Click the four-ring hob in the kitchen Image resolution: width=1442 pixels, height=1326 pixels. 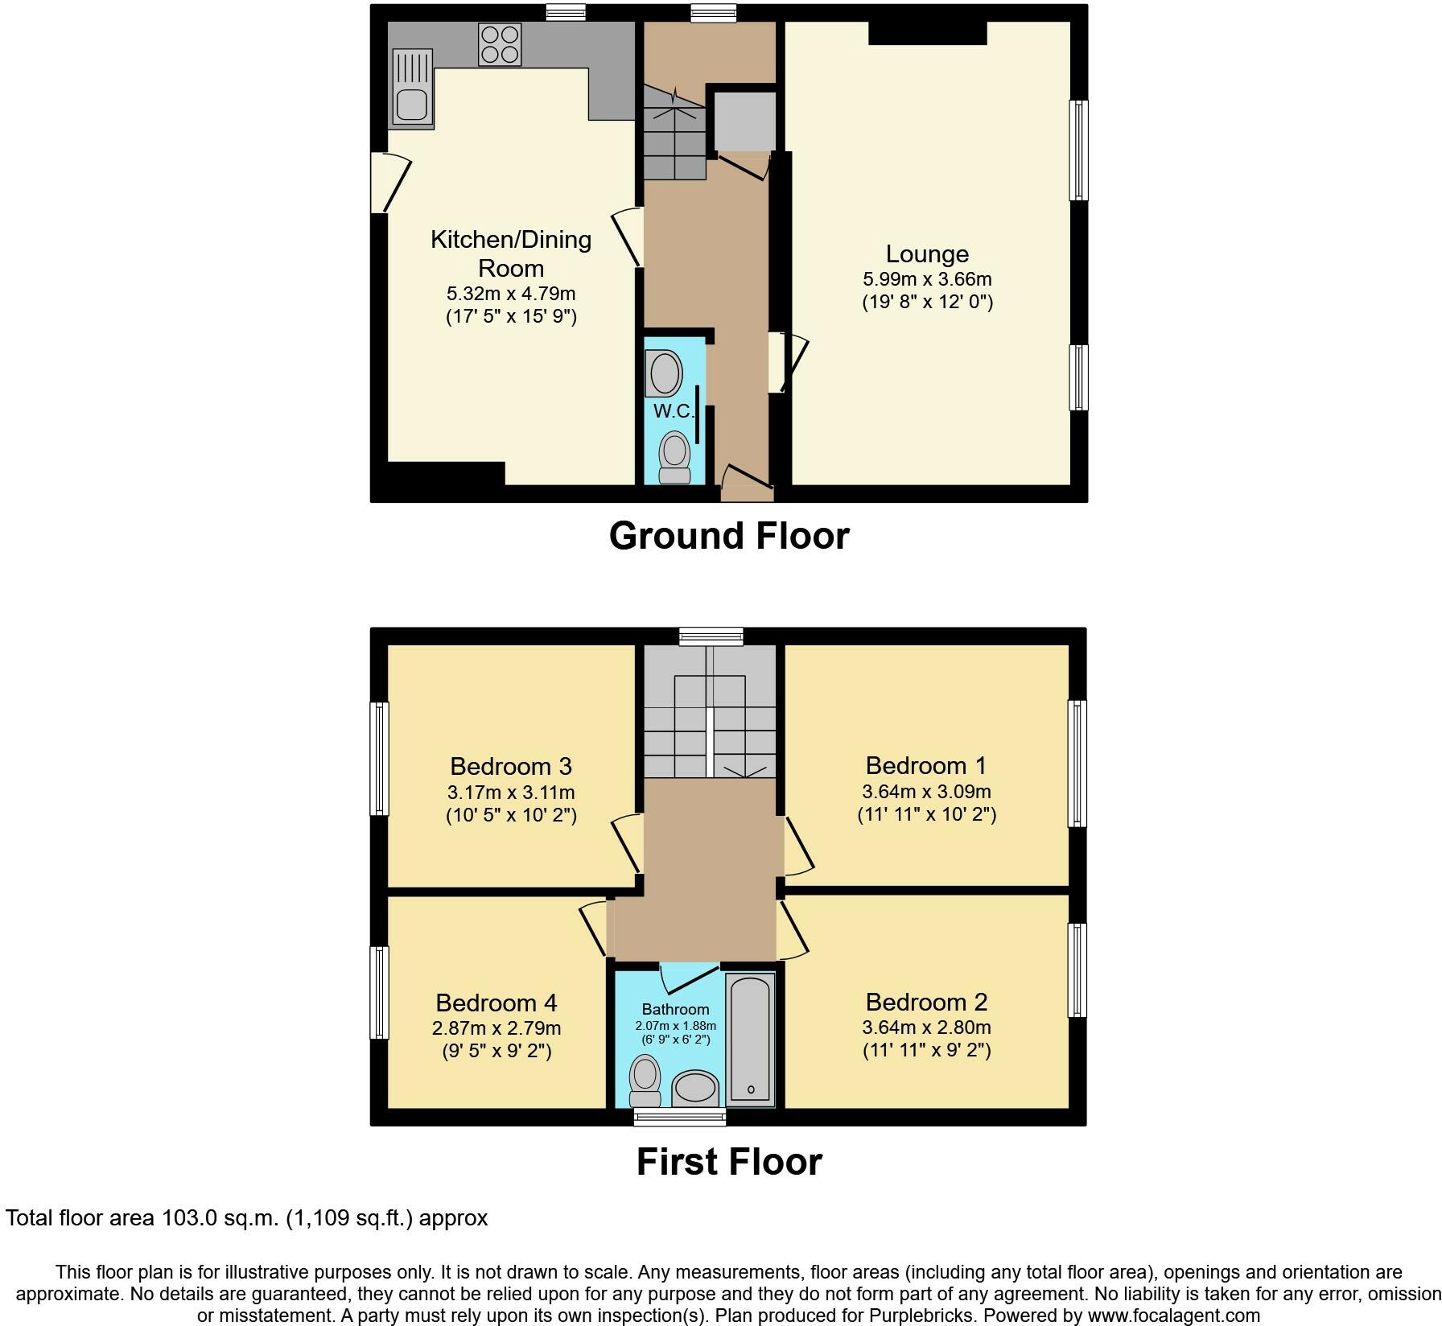[x=499, y=44]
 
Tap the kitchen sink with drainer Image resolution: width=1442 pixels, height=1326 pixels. [x=412, y=89]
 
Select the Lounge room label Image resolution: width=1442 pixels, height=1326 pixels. [x=927, y=254]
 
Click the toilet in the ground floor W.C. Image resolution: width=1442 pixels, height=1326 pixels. [x=675, y=457]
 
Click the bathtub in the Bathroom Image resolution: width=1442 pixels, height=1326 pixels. [x=750, y=1039]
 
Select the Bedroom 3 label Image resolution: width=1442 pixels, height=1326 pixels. [x=511, y=766]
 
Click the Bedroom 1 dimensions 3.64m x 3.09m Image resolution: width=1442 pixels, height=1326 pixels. [x=927, y=792]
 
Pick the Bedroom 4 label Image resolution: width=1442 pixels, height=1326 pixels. [x=496, y=1003]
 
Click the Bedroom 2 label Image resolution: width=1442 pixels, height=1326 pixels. [x=927, y=1002]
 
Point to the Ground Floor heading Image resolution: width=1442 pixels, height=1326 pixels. [x=729, y=536]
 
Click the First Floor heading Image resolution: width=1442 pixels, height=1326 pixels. [x=729, y=1162]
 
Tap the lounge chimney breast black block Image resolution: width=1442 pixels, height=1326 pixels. [x=928, y=33]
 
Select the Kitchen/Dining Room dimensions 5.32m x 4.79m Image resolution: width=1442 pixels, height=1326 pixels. [x=511, y=294]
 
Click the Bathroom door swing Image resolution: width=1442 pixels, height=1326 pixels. [x=689, y=978]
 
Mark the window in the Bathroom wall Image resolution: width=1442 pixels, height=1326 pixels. [x=680, y=1116]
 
